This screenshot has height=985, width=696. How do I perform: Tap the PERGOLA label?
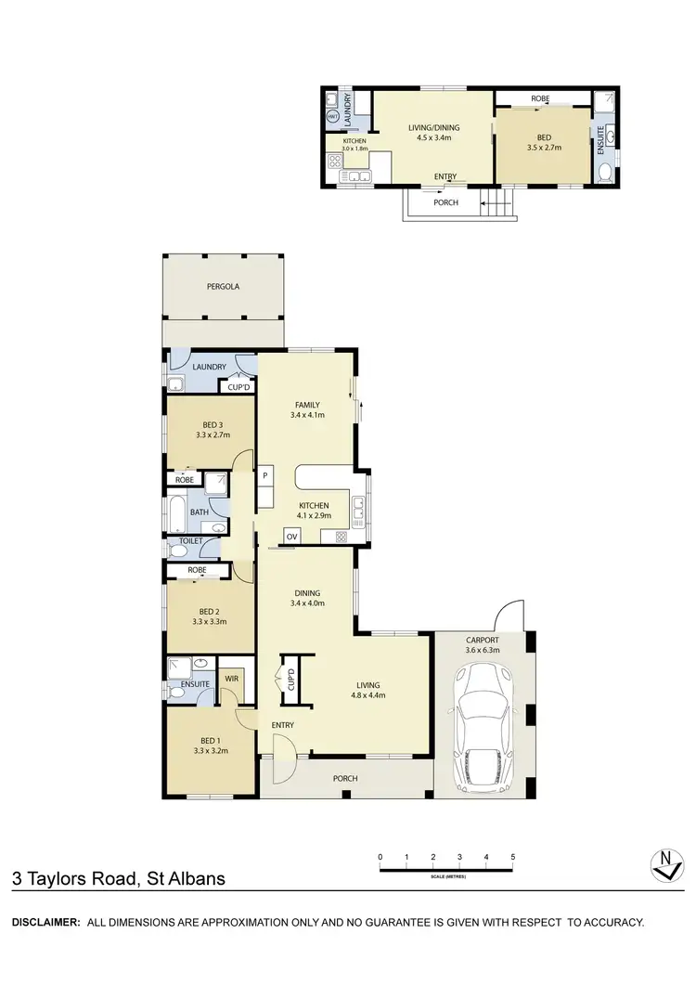coord(223,287)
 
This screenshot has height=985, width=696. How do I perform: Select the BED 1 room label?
coord(211,745)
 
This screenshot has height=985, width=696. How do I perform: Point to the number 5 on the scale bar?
coord(512,857)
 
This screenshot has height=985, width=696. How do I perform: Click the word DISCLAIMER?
coord(44,922)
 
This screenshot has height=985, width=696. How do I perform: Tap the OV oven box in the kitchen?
coord(291,537)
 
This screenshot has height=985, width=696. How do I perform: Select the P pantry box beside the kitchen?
coord(265,475)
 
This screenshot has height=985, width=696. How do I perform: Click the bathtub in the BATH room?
coord(176,511)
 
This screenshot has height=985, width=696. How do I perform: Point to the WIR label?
coord(231,679)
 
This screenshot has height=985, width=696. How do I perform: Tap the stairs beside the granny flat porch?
coord(497,201)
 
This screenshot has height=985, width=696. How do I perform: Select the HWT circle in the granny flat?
coord(333,116)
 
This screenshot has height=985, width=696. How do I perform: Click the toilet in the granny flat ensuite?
coord(604,170)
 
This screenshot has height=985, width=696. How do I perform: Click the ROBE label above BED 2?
coord(196,570)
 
